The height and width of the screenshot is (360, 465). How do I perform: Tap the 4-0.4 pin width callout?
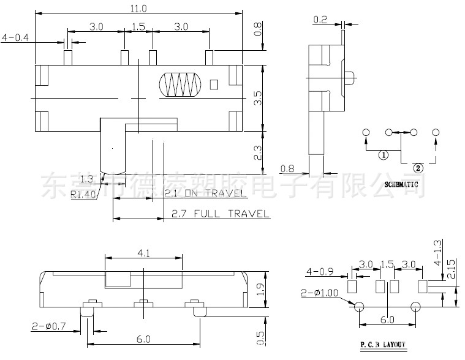pyautogui.click(x=16, y=38)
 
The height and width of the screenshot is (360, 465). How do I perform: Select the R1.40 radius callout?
pyautogui.click(x=83, y=195)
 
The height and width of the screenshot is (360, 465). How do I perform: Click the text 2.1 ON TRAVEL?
pyautogui.click(x=206, y=194)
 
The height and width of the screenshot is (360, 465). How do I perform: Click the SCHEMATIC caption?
pyautogui.click(x=401, y=184)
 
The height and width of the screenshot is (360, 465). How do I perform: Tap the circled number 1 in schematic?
pyautogui.click(x=384, y=155)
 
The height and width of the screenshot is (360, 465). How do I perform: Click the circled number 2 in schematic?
pyautogui.click(x=418, y=167)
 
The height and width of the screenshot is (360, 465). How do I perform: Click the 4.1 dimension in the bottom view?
pyautogui.click(x=142, y=251)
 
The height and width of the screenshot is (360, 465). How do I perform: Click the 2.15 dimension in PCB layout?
pyautogui.click(x=452, y=268)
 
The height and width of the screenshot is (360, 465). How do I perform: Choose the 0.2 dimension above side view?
pyautogui.click(x=320, y=20)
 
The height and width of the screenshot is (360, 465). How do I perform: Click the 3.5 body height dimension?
pyautogui.click(x=258, y=98)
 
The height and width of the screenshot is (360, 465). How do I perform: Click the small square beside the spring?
pyautogui.click(x=214, y=84)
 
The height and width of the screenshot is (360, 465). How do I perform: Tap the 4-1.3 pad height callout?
pyautogui.click(x=437, y=251)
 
